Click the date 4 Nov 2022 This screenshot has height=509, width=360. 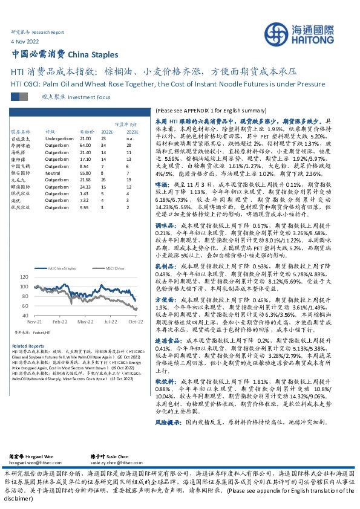pos(24,42)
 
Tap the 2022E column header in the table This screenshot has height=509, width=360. pos(107,131)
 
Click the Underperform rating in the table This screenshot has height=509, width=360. pos(59,138)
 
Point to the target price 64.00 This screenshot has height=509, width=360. pos(85,145)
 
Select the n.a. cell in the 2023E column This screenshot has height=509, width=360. pos(128,138)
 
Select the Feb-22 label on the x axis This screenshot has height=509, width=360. pos(60,323)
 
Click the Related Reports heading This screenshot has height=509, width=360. pos(24,345)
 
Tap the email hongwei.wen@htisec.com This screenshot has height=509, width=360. pos(34,461)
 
